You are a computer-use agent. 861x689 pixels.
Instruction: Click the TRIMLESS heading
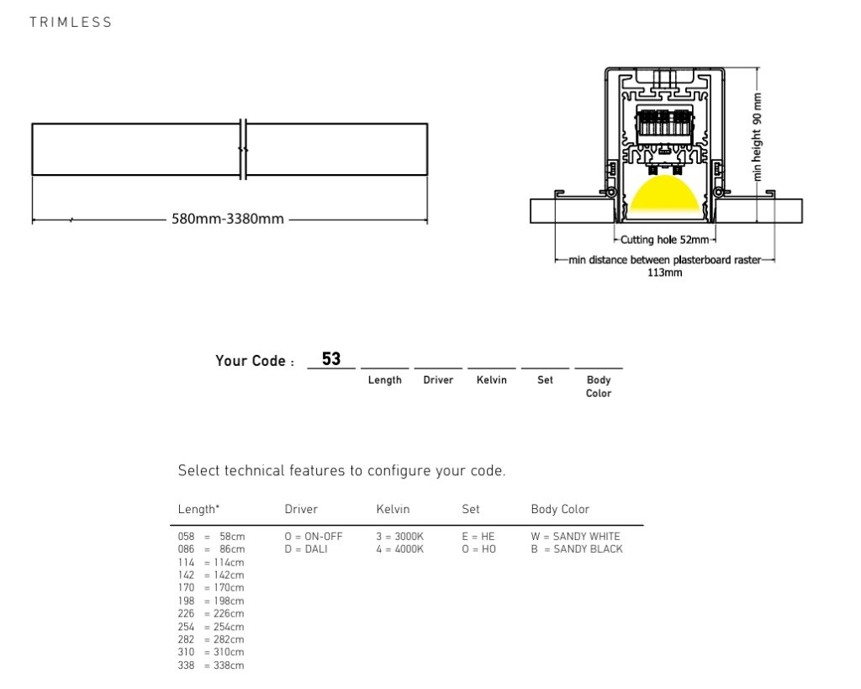pos(71,22)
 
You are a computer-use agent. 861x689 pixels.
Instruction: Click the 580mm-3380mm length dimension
pos(228,219)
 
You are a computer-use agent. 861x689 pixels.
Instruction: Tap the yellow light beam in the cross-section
pos(664,194)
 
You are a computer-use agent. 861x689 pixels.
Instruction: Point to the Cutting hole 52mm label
pos(664,240)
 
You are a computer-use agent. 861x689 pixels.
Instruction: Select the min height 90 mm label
pos(758,137)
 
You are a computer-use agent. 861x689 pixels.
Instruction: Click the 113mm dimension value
pos(664,273)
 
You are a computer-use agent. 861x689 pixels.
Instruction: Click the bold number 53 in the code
pos(331,358)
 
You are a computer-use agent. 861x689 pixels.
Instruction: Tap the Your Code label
pos(255,361)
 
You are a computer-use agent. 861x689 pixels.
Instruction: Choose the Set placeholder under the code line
pos(545,379)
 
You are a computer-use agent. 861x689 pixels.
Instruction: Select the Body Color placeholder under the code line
pos(599,386)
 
